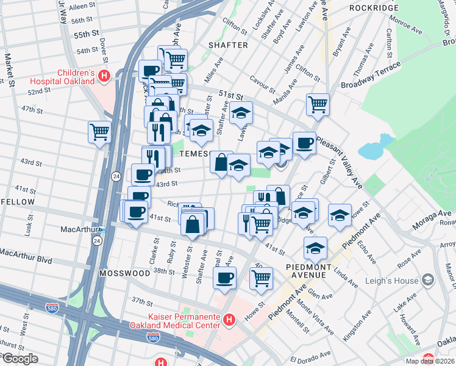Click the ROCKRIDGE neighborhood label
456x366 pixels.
pyautogui.click(x=374, y=8)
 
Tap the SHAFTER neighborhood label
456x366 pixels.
pyautogui.click(x=228, y=45)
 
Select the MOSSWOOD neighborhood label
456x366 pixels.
pyautogui.click(x=125, y=274)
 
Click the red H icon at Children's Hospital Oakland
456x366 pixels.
pyautogui.click(x=104, y=76)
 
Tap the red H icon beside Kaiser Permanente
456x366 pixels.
pyautogui.click(x=229, y=319)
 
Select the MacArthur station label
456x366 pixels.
pyautogui.click(x=79, y=229)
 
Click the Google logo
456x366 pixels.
pyautogui.click(x=20, y=358)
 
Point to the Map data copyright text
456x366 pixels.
pyautogui.click(x=430, y=361)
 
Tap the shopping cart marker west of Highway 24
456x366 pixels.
pyautogui.click(x=99, y=131)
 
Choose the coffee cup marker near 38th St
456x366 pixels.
pyautogui.click(x=224, y=278)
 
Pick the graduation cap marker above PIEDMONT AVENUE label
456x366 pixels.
pyautogui.click(x=315, y=247)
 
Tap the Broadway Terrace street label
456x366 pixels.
pyautogui.click(x=371, y=76)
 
